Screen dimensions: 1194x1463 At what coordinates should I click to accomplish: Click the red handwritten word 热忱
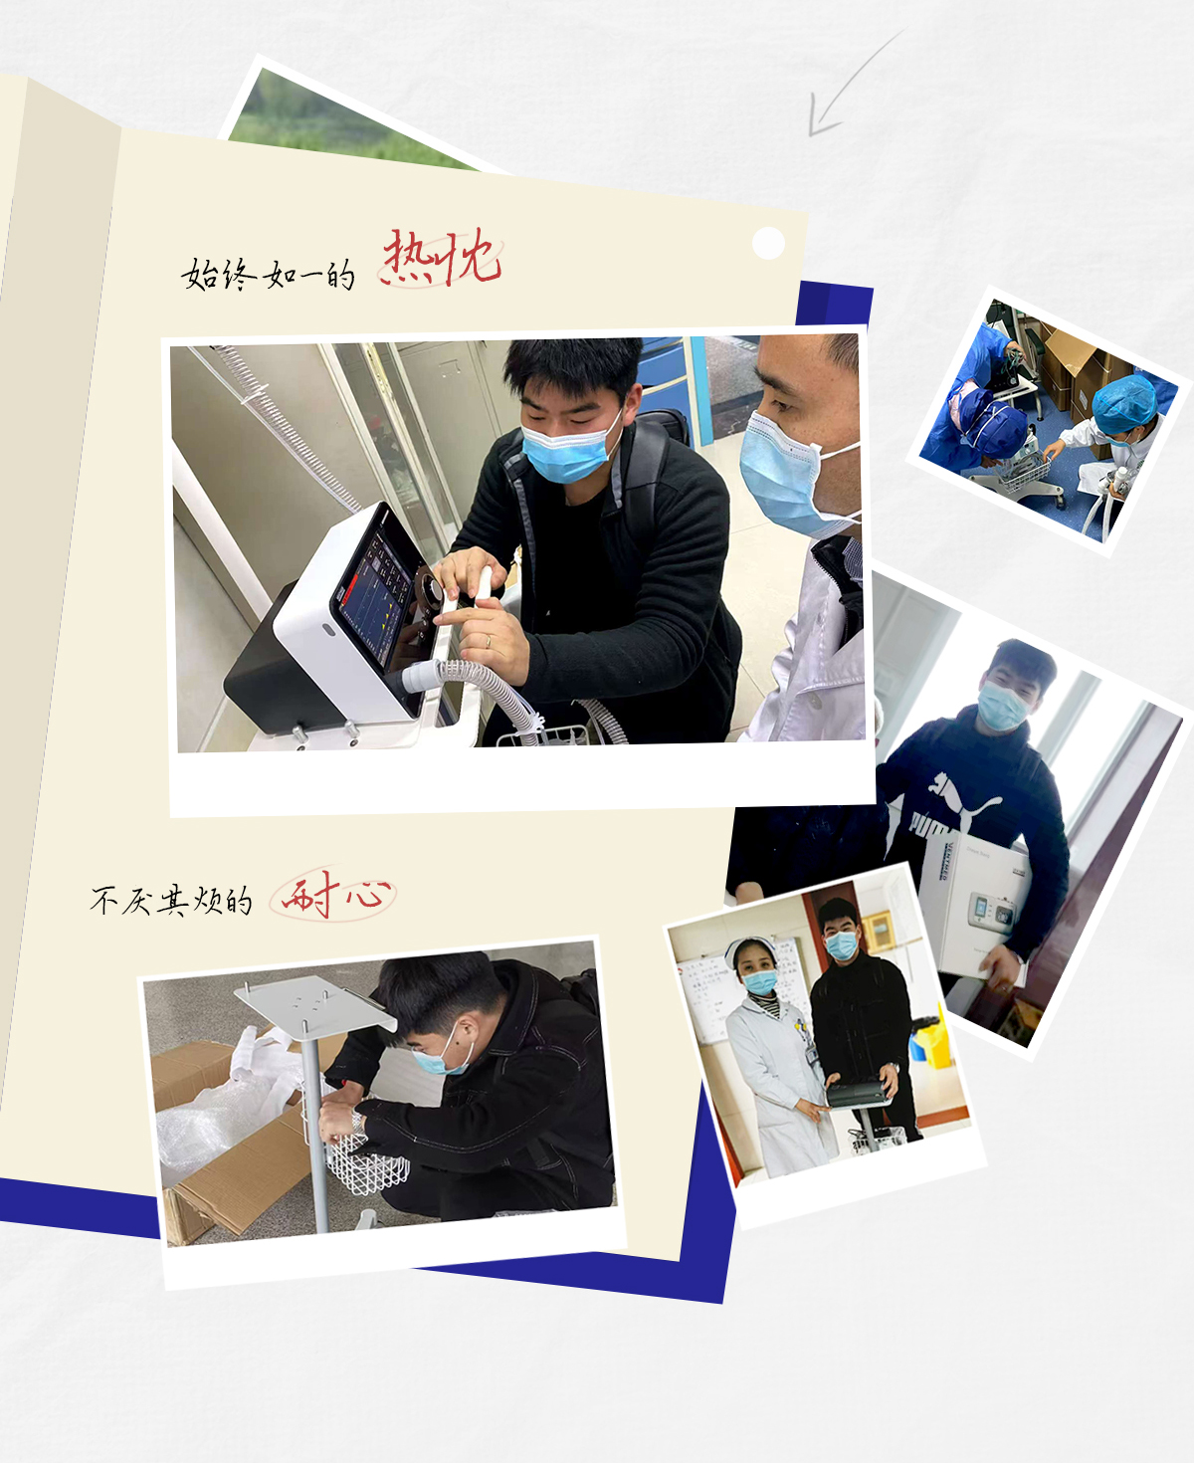(442, 258)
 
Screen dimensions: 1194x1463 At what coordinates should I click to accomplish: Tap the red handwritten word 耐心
(333, 894)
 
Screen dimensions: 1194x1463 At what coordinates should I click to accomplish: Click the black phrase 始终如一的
(269, 274)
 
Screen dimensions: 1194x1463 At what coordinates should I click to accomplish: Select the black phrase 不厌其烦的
(170, 901)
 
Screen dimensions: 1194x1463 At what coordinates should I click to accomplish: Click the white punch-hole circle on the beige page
(768, 243)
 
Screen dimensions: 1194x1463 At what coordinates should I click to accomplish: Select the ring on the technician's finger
(489, 641)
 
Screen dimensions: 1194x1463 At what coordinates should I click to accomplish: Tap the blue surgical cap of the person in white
(1123, 404)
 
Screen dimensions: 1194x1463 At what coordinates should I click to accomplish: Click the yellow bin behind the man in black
(933, 1041)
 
